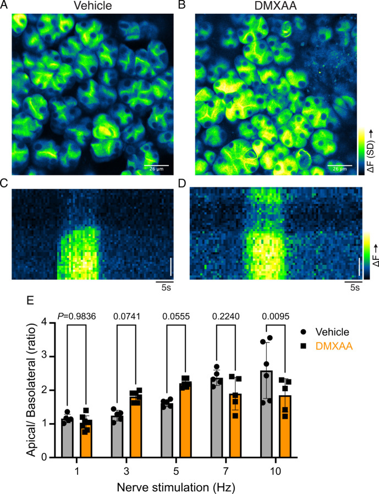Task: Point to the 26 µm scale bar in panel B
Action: pos(339,166)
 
